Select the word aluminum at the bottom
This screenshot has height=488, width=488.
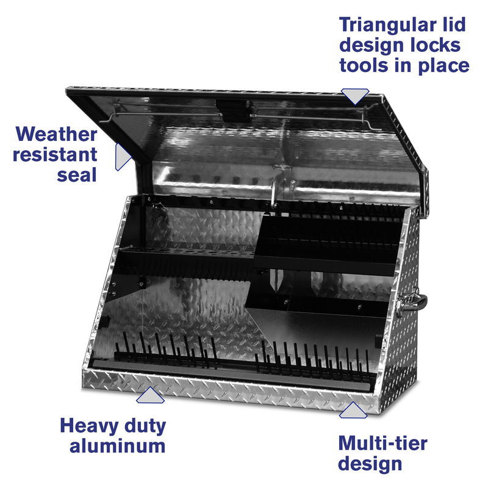coord(117,446)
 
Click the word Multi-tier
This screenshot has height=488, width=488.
coord(382,443)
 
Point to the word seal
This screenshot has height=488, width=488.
coord(77,174)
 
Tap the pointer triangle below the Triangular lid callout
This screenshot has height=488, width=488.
coord(354,96)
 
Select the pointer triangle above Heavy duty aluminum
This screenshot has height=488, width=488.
coord(149,396)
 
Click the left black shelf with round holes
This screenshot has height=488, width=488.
coord(183,259)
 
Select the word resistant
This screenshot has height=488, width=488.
coord(56,154)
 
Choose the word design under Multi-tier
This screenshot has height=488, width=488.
coord(370,463)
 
